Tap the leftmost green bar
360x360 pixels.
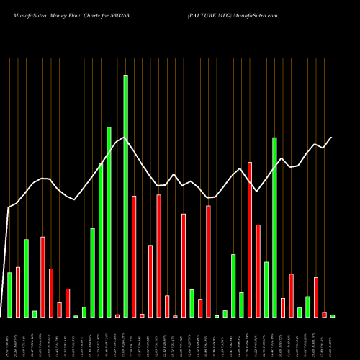[9, 294]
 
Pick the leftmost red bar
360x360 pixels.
[18, 292]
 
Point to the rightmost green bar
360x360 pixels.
[333, 315]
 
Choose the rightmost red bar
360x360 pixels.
[324, 314]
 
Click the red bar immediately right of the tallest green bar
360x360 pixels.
[134, 256]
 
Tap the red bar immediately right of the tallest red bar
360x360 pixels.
[258, 271]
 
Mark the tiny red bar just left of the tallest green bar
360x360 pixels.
[117, 315]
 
